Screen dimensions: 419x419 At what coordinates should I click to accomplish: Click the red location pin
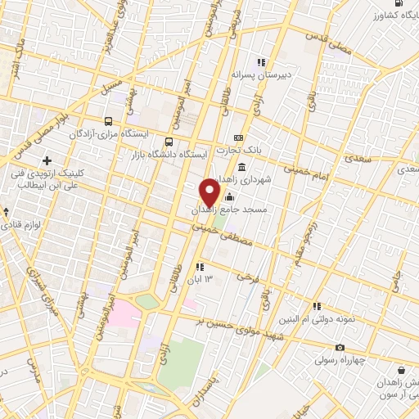click(x=209, y=193)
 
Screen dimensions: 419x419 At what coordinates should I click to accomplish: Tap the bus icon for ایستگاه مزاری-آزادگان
click(x=109, y=121)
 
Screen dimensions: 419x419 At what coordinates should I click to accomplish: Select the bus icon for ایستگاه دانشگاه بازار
click(x=169, y=141)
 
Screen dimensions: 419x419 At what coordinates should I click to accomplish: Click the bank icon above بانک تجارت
click(x=238, y=137)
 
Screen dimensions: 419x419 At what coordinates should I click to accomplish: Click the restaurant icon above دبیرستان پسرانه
click(x=261, y=62)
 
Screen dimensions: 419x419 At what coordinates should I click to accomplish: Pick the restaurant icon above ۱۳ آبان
click(x=199, y=267)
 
